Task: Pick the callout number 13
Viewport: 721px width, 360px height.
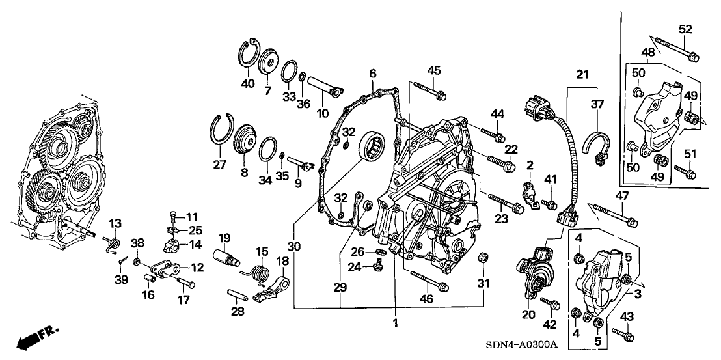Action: tap(115, 224)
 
